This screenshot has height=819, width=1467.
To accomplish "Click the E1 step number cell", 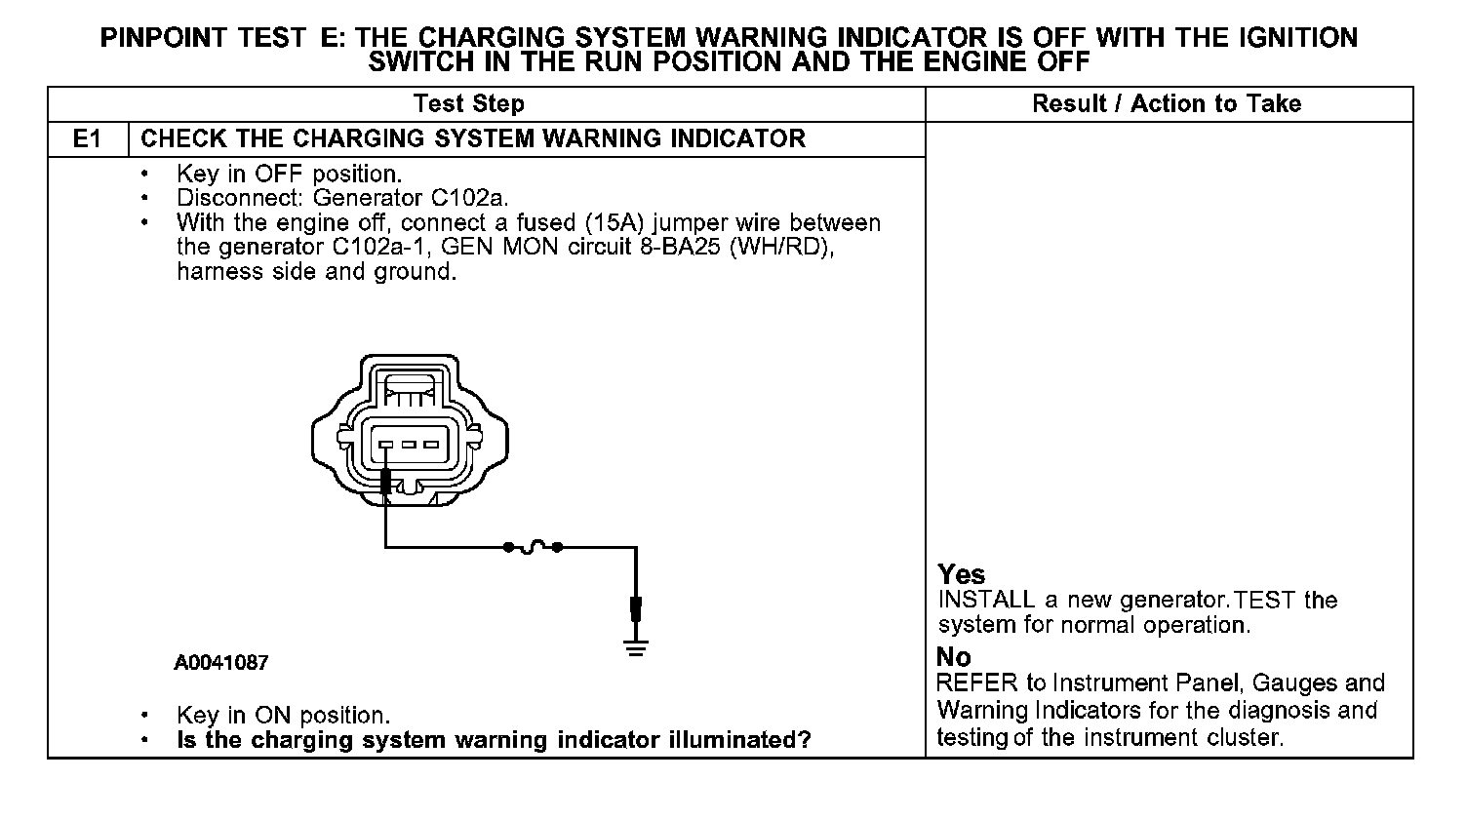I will coord(88,138).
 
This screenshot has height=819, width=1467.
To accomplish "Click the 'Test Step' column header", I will coord(468,103).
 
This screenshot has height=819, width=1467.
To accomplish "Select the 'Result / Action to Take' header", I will coord(1167,103).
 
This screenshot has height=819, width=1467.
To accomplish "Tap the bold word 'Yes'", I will coord(961,574).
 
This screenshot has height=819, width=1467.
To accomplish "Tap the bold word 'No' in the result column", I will coord(953,656).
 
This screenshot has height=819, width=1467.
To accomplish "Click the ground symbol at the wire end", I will coord(636,645).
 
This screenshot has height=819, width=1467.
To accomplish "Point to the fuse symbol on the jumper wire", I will coord(532,548).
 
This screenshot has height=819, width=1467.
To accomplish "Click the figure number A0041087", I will coord(221,663).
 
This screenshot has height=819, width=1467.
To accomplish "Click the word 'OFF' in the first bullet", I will coord(278,175).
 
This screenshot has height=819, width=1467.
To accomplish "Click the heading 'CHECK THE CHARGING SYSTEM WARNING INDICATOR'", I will coord(473,138).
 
